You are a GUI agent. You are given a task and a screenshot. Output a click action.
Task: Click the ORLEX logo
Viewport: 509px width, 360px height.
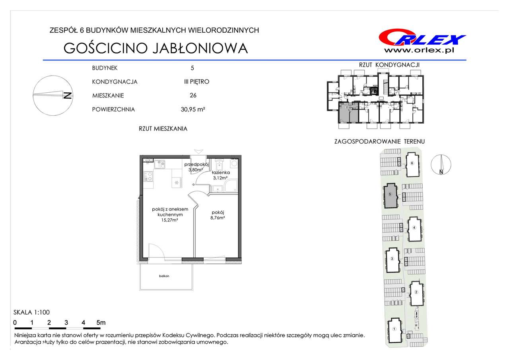(422, 37)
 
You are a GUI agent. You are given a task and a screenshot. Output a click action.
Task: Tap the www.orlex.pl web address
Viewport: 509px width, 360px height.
(419, 50)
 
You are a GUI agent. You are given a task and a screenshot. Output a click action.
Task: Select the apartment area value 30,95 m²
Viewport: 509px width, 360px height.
(193, 109)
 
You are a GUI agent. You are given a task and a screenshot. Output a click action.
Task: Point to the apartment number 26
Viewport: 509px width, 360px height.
(193, 95)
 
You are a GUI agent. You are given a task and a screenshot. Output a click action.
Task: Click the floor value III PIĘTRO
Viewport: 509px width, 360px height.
(196, 82)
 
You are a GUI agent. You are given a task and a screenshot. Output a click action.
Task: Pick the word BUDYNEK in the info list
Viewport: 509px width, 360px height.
(105, 68)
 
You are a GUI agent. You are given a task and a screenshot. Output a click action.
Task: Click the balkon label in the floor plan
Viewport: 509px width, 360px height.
(164, 276)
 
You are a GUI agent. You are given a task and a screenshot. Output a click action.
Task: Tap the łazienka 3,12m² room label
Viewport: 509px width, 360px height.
(221, 175)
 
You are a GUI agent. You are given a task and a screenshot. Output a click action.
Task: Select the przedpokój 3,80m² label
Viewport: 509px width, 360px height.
(196, 167)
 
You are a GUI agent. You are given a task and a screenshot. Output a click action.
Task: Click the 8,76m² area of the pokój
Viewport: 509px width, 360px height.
(218, 218)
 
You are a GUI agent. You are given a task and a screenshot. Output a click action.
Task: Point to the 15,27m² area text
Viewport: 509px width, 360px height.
(169, 220)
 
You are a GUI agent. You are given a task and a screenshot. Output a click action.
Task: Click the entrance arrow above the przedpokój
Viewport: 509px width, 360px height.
(198, 152)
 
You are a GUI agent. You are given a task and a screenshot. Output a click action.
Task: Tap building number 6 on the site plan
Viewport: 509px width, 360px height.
(412, 163)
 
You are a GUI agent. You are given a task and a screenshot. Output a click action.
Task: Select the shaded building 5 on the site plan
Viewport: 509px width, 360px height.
(390, 195)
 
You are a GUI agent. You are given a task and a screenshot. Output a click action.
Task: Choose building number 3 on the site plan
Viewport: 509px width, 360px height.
(392, 259)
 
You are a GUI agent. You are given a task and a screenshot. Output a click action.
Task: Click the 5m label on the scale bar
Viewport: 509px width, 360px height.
(101, 323)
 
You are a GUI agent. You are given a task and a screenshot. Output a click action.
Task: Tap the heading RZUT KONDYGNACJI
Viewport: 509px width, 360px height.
(389, 65)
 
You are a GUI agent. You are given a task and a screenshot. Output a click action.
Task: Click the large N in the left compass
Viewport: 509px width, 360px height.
(68, 96)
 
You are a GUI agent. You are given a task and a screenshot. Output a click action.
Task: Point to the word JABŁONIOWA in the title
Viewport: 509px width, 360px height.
(200, 48)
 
